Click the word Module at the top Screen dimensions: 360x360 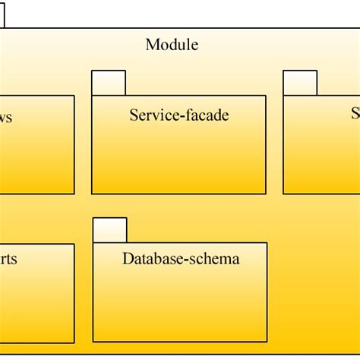coord(172,45)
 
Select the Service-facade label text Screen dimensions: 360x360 coord(179,115)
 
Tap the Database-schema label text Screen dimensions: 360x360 coord(181,259)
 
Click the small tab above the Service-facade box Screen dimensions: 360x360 coord(109,83)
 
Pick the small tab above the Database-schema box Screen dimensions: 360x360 coord(110,230)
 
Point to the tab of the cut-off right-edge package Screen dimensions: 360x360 coord(300,83)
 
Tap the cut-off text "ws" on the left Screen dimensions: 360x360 coord(5,118)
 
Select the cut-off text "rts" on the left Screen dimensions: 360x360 coord(8,259)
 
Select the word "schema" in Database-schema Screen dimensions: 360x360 coord(216,259)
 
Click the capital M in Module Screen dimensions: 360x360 coord(152,45)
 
